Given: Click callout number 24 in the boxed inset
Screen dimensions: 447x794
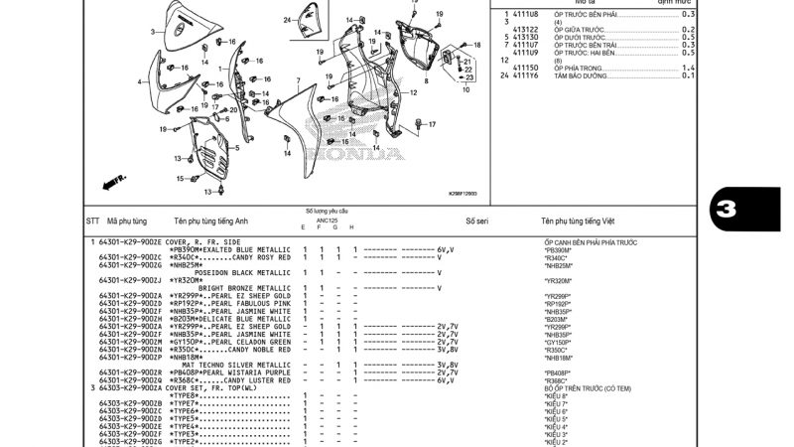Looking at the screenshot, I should pyautogui.click(x=287, y=20).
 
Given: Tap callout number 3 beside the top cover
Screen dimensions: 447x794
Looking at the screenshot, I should pyautogui.click(x=153, y=32).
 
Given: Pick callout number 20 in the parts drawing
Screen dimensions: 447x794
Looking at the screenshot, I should pyautogui.click(x=234, y=110).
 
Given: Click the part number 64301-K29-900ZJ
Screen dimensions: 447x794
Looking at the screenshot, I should pyautogui.click(x=130, y=280).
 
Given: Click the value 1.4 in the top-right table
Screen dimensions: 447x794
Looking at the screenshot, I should pyautogui.click(x=688, y=68).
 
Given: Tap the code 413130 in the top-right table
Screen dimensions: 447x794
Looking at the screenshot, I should pyautogui.click(x=526, y=37).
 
